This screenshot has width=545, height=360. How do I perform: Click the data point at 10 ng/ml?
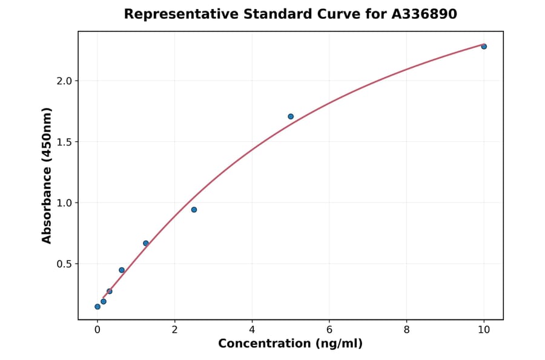484,47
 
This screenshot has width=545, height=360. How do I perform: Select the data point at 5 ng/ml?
291,116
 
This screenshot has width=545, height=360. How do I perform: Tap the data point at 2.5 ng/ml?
194,210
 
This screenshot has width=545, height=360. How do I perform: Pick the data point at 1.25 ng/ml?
146,243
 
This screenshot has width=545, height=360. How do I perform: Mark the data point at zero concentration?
97,307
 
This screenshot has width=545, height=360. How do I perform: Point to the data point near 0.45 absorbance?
122,270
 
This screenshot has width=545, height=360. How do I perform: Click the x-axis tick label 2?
174,330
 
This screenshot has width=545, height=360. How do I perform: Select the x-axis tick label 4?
252,330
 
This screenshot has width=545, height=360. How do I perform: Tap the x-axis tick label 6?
329,330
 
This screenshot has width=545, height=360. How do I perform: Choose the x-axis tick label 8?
406,330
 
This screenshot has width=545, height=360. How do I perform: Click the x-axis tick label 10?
484,330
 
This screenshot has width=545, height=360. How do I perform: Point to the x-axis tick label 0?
97,330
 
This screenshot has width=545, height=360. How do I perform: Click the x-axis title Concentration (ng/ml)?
290,344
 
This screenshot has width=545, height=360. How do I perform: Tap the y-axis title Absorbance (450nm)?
47,176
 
